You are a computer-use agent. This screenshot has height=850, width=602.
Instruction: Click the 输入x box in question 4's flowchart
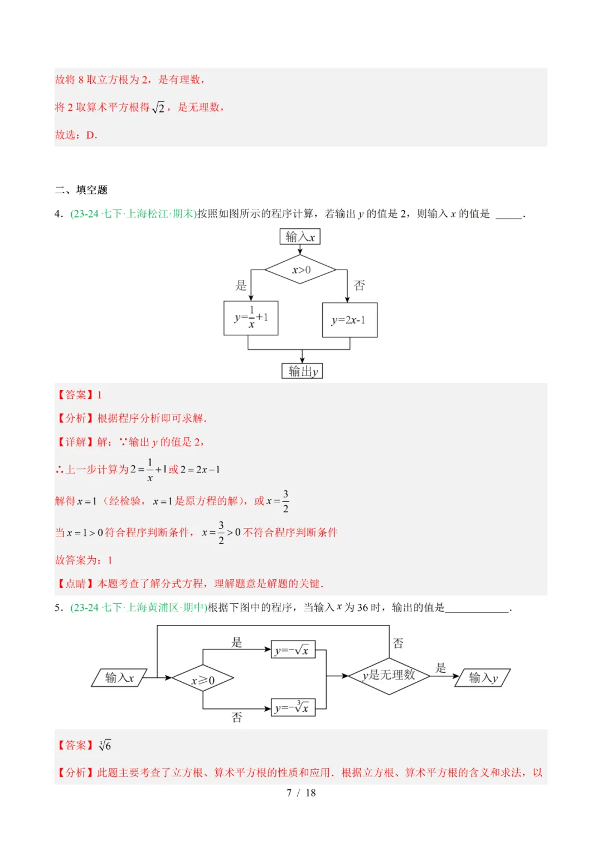coord(300,237)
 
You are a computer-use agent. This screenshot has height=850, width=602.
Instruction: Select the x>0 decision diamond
coord(300,270)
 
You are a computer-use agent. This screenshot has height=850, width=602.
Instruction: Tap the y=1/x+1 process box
coord(251,318)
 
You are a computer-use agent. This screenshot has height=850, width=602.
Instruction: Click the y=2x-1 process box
coord(349,320)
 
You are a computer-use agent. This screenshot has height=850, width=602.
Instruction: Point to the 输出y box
coord(302,371)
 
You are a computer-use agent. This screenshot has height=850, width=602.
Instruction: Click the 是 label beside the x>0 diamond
coord(241,286)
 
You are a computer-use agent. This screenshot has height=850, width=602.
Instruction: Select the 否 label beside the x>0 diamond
coord(360,286)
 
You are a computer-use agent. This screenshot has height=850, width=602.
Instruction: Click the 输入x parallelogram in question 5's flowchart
coord(119,677)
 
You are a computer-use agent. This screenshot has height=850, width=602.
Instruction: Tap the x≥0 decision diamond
coord(202,679)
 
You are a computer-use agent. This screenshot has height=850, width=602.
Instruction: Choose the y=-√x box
coord(293,650)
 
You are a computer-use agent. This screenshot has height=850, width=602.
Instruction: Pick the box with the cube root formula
coord(293,708)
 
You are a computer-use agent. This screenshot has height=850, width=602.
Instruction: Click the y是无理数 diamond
coord(389,675)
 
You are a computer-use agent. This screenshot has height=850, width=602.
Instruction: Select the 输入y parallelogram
coord(483,677)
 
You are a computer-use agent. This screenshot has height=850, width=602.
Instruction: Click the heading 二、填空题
coord(81,190)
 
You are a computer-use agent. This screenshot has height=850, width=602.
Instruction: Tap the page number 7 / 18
coord(301,793)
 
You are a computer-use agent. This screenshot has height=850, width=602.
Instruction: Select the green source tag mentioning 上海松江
coord(133,214)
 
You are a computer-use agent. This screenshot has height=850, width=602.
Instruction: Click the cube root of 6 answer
coord(105,745)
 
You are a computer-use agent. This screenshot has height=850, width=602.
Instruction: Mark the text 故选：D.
coord(76,135)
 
